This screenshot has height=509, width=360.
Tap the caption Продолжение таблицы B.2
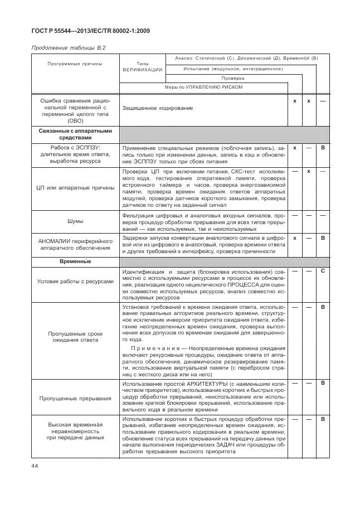(67, 48)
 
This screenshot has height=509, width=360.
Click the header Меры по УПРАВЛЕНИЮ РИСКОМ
(203, 87)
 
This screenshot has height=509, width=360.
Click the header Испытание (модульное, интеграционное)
(233, 69)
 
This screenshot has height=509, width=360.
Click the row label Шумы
(75, 221)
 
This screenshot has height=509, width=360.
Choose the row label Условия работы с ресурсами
(75, 281)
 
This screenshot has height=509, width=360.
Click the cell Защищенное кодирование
(158, 108)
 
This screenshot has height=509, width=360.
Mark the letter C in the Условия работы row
(322, 270)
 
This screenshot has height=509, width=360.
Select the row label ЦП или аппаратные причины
(75, 188)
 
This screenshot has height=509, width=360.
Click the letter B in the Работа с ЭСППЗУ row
(322, 147)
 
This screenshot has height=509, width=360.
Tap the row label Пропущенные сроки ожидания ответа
(75, 336)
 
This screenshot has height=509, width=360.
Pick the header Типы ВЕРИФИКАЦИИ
(142, 67)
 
